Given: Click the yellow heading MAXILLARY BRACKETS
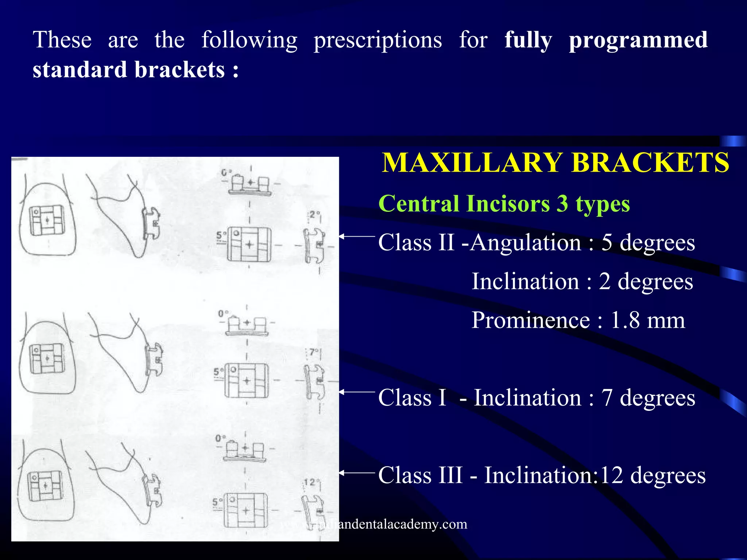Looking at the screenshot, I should click(x=555, y=163).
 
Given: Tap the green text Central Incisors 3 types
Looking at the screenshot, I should click(x=504, y=203).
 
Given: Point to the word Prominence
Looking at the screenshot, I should click(x=530, y=320).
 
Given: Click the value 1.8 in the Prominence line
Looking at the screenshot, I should click(x=624, y=320).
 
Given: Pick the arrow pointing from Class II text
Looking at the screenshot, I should click(x=357, y=237).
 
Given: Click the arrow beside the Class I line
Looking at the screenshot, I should click(x=357, y=392).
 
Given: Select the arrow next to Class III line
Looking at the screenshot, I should click(x=357, y=473).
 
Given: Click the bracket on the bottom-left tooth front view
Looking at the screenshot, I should click(x=46, y=486).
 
